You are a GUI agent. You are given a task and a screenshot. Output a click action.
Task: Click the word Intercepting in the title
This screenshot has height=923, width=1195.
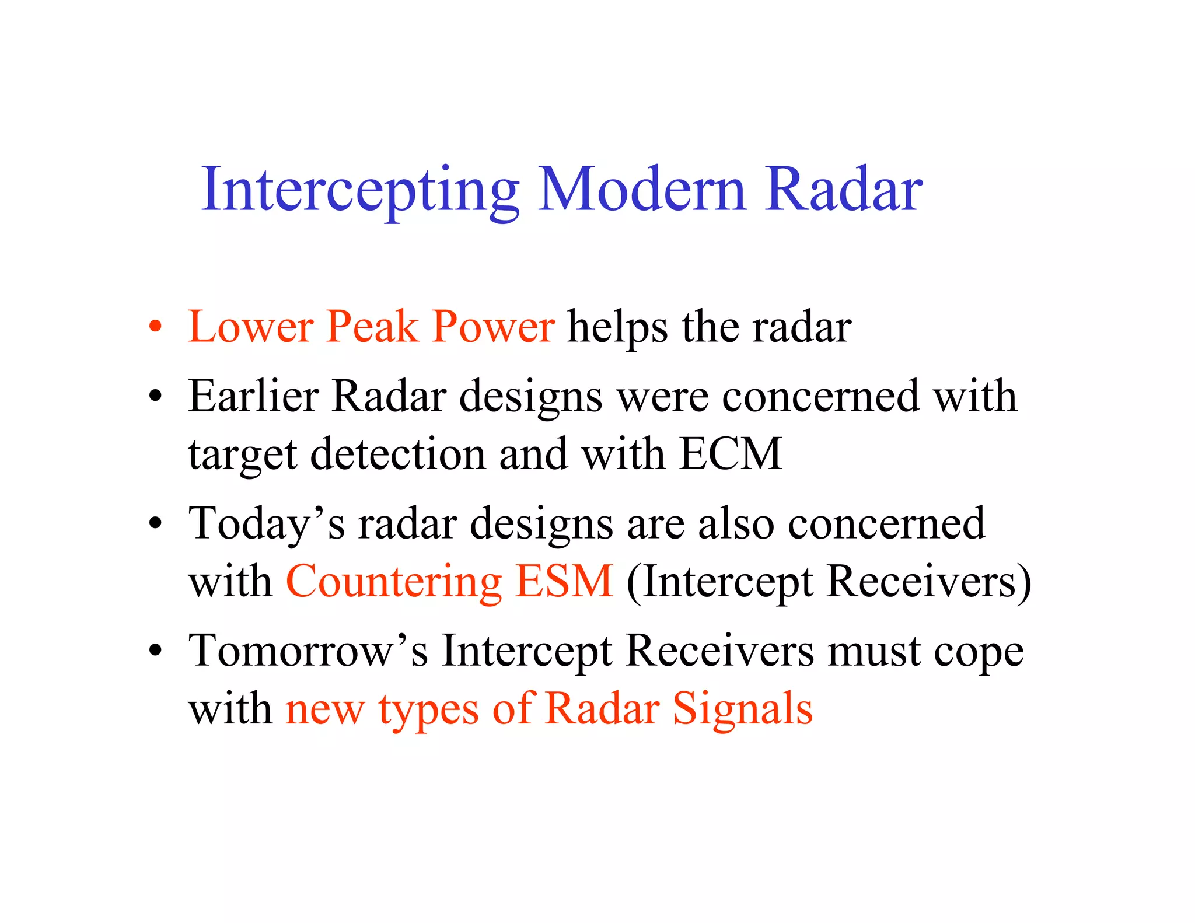360,190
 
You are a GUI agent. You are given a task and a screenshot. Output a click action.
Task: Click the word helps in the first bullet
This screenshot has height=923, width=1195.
617,327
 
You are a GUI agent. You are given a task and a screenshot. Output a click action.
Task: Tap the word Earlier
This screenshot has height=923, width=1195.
253,396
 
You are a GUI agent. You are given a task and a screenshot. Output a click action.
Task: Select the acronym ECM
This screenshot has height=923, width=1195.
731,454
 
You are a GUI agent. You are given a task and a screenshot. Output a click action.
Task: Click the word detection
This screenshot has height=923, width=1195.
397,454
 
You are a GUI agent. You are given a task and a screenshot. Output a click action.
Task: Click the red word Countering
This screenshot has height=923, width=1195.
394,582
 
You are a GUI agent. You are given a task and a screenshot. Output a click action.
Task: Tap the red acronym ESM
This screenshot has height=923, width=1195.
564,581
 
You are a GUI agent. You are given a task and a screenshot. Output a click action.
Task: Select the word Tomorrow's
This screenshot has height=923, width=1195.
308,651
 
